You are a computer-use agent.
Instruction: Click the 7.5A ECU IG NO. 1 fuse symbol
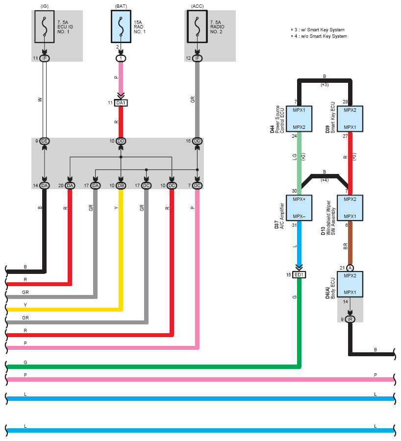click(45, 27)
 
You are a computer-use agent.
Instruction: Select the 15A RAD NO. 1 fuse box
click(121, 27)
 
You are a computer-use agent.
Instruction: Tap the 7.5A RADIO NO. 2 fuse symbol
click(197, 27)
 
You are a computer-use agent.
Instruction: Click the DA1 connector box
click(121, 103)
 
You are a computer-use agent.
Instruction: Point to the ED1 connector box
click(299, 275)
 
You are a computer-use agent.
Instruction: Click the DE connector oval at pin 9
click(45, 141)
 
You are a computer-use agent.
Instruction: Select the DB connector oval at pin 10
click(121, 186)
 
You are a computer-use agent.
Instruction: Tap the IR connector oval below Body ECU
click(350, 319)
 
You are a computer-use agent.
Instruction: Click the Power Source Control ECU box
click(299, 119)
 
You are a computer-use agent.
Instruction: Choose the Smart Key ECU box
click(350, 119)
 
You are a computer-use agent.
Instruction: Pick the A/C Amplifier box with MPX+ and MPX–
click(299, 208)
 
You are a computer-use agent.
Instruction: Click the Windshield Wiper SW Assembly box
click(350, 208)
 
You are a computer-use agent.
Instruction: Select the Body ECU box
click(350, 284)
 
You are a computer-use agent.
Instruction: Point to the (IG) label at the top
click(45, 6)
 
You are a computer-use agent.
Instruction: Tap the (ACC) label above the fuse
click(197, 6)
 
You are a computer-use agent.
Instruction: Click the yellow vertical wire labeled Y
click(121, 249)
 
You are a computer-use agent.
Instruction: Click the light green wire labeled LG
click(299, 163)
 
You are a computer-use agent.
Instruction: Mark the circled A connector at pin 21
click(350, 268)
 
